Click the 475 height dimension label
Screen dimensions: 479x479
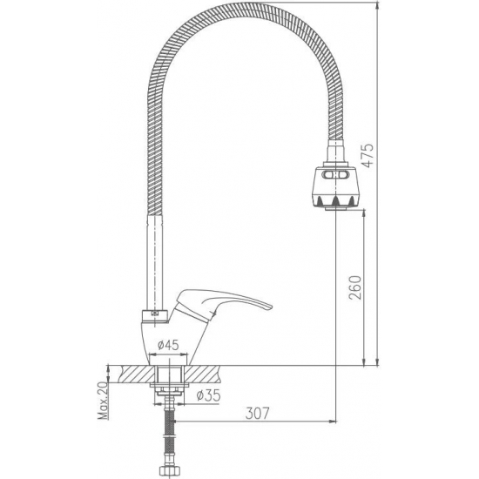[368, 155]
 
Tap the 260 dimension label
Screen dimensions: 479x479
[355, 287]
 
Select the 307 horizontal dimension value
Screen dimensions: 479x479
[257, 414]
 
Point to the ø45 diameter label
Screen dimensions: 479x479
[168, 345]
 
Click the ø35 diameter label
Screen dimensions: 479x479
[209, 395]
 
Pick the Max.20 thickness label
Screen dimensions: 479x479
[104, 401]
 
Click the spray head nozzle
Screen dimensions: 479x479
[335, 187]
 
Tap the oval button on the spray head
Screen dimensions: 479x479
[335, 175]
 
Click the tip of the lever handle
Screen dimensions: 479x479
[271, 306]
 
